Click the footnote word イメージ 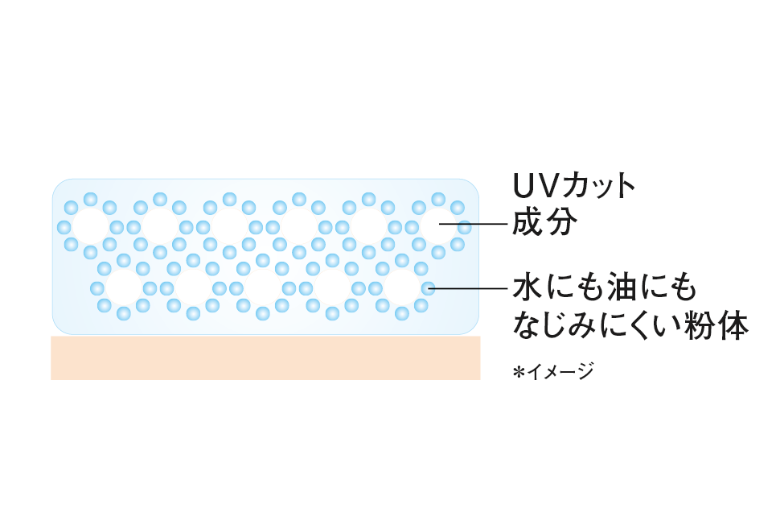coord(560,371)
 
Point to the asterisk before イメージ coord(519,371)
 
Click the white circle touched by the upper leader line coord(437,226)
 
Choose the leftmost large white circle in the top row coord(90,226)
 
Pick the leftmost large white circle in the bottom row coord(123,287)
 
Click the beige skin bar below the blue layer coord(265,357)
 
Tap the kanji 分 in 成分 coord(563,223)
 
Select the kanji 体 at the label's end coord(733,326)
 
